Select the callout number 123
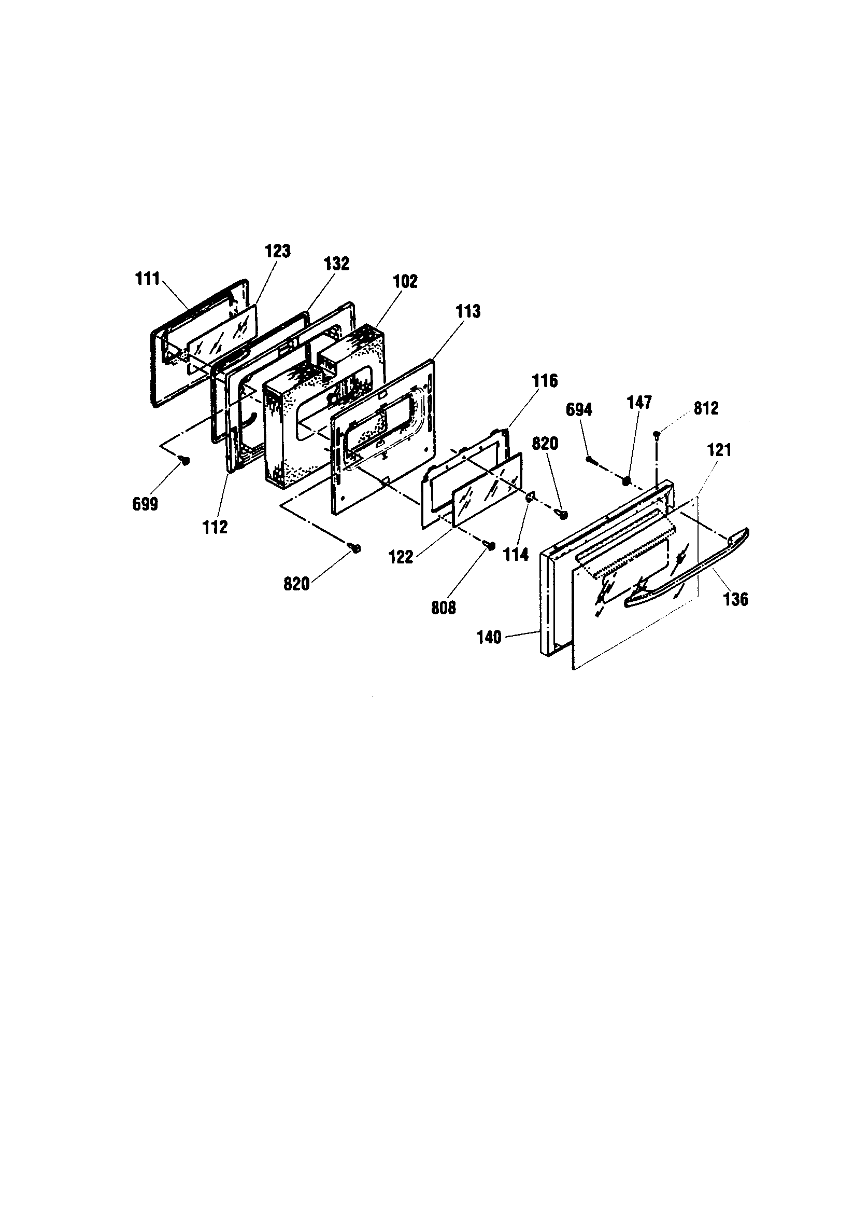(x=278, y=251)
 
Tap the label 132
(x=337, y=264)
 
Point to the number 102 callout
(x=405, y=281)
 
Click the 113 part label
(x=467, y=311)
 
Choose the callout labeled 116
(x=545, y=380)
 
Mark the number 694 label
(x=579, y=409)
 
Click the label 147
(x=639, y=402)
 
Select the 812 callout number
(x=706, y=408)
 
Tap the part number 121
(x=719, y=450)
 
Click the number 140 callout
(x=489, y=637)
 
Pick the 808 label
(x=444, y=608)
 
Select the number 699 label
(x=145, y=504)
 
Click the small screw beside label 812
(x=657, y=434)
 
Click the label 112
(x=216, y=526)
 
